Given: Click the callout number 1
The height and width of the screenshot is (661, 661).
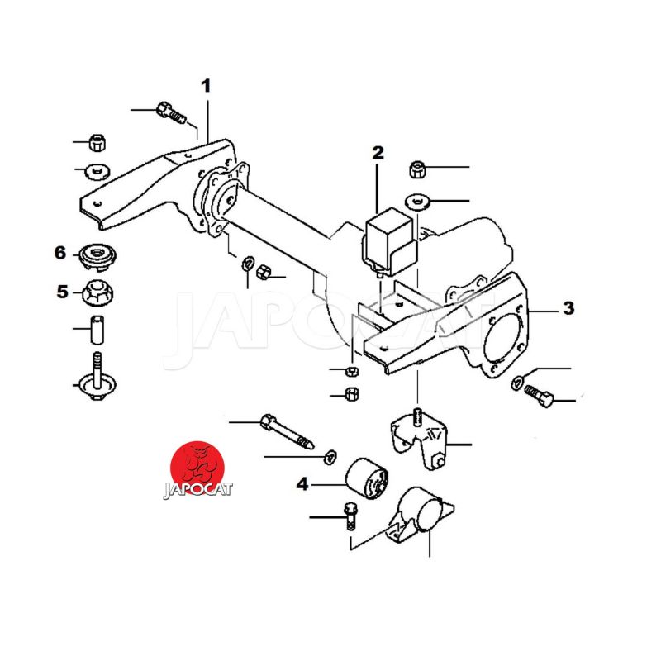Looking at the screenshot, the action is tap(206, 86).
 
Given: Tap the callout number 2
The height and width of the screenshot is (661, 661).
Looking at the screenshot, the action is tap(378, 153).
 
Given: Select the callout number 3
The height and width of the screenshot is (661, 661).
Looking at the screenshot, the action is tap(568, 308).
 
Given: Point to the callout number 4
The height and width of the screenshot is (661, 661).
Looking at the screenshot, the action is tap(302, 484).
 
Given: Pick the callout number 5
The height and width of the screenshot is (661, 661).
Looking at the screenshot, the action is tap(63, 292).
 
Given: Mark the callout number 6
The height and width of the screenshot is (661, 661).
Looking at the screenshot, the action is tap(60, 253).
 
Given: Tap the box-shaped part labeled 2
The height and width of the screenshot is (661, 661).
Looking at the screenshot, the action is tap(389, 241).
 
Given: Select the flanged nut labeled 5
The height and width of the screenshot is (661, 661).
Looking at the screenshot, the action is tap(97, 292).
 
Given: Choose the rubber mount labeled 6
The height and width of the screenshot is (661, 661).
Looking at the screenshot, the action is tap(97, 256).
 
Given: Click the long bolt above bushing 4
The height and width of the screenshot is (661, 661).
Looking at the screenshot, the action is tap(287, 431).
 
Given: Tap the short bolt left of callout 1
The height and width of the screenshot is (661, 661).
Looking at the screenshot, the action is tap(171, 112).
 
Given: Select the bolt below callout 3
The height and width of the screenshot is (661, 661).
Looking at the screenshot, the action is tap(539, 396).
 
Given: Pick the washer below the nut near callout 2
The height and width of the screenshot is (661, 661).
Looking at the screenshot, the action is tap(417, 202).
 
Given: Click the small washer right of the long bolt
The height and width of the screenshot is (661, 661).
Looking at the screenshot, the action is tap(329, 457).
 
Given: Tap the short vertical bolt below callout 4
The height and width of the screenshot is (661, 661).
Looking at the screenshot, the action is tap(350, 517).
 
